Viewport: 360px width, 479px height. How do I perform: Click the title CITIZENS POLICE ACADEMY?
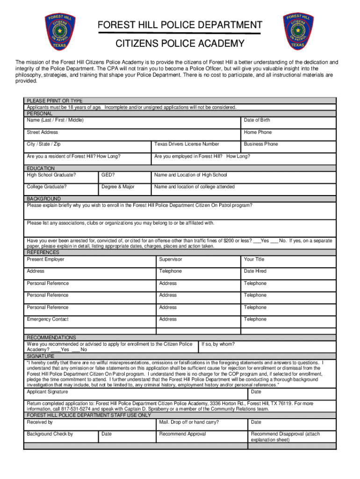(180, 44)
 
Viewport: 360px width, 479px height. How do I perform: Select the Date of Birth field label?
(257, 120)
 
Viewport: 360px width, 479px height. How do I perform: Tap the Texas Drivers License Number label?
(187, 144)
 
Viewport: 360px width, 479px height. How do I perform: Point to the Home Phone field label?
(258, 132)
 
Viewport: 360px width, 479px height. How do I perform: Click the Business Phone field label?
(260, 144)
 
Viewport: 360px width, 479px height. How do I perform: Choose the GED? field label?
(108, 175)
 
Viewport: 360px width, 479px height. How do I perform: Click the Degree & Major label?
(118, 187)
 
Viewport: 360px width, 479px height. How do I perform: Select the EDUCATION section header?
(41, 168)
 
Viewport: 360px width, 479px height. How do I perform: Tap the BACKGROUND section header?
(44, 199)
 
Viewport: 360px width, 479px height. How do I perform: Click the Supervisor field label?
(170, 259)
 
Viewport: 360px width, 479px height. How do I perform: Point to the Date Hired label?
(255, 271)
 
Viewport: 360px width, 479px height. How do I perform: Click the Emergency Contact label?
(48, 319)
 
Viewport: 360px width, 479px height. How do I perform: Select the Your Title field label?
(254, 259)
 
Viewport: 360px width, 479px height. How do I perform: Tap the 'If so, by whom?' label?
(218, 344)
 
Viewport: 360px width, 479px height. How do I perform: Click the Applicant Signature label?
(47, 392)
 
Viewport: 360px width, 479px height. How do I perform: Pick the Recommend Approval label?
(182, 434)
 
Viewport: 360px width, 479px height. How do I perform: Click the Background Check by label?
(50, 434)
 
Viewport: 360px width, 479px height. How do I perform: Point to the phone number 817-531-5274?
(70, 408)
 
